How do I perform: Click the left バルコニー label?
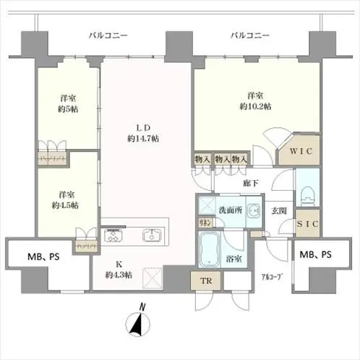pos(108,34)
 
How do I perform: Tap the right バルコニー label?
pos(250,34)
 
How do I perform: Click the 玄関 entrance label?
pos(279,211)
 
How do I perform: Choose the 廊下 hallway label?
pos(251,185)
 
